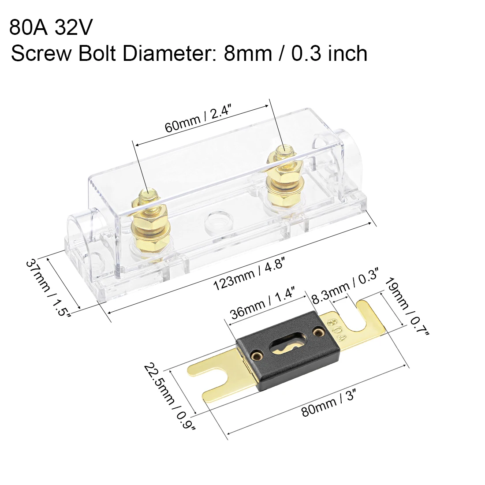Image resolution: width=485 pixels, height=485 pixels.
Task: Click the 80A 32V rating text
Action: click(51, 27)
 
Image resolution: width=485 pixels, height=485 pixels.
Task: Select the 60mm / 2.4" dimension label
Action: click(198, 118)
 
